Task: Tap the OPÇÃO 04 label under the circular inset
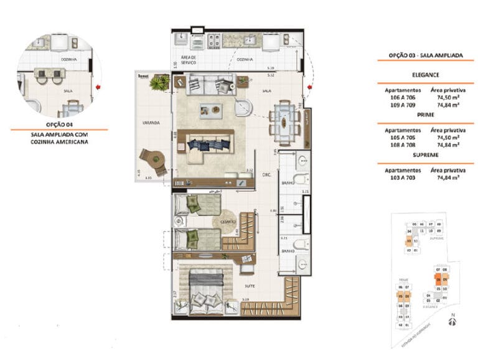pyautogui.click(x=59, y=125)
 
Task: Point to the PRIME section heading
pyautogui.click(x=421, y=115)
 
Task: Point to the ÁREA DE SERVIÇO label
pyautogui.click(x=189, y=60)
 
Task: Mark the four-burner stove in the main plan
pyautogui.click(x=215, y=40)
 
